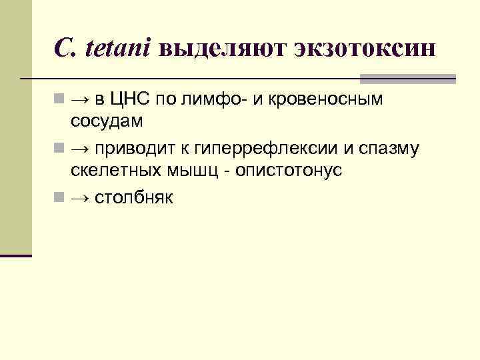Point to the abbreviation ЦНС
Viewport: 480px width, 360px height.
[x=133, y=100]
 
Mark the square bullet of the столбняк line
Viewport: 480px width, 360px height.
[x=59, y=197]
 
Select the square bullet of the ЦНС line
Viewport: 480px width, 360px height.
[x=59, y=101]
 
